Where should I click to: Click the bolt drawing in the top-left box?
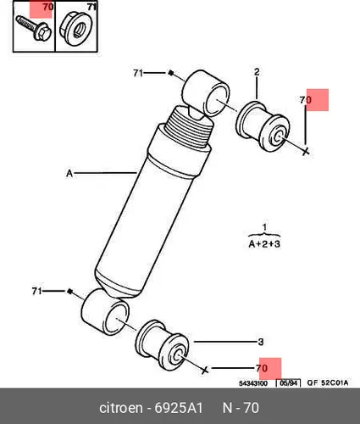coord(34,28)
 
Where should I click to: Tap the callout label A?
coord(69,173)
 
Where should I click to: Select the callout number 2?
coord(257,72)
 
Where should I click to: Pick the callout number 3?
coord(261,342)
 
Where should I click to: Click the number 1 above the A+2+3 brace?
coord(264,227)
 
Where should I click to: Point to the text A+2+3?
coord(264,243)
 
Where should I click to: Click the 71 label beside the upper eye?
coord(138,73)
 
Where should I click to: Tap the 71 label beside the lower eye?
coord(36,291)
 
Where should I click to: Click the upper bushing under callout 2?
coord(263,126)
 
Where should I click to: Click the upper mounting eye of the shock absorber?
coord(206,93)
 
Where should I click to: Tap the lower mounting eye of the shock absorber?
coord(105,312)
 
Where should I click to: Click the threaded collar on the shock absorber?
coord(189,126)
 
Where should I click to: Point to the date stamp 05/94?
coord(288,383)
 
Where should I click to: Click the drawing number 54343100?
coord(253,383)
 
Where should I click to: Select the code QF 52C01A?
coord(328,382)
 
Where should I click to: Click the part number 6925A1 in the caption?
coord(179,408)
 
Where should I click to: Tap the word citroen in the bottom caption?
coord(121,408)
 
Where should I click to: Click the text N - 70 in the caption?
coord(241,408)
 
